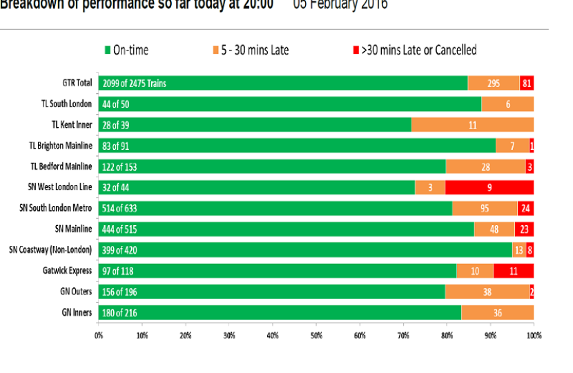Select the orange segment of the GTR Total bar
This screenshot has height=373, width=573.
pos(493,84)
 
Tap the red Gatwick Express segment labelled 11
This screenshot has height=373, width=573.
pos(513,271)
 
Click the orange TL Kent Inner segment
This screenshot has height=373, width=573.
pos(472,125)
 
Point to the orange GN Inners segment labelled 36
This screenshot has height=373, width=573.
pos(497,313)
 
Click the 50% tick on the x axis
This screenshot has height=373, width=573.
pos(315,335)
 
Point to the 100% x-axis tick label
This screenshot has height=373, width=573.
pos(533,335)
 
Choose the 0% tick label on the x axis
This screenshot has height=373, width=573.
pos(99,335)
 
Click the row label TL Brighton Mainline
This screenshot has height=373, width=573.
pos(60,146)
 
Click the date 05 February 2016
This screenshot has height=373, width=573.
pos(340,6)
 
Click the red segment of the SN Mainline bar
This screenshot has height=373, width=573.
pos(524,229)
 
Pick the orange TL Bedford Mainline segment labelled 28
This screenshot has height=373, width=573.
pos(485,166)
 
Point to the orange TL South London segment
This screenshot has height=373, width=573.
pos(507,104)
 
